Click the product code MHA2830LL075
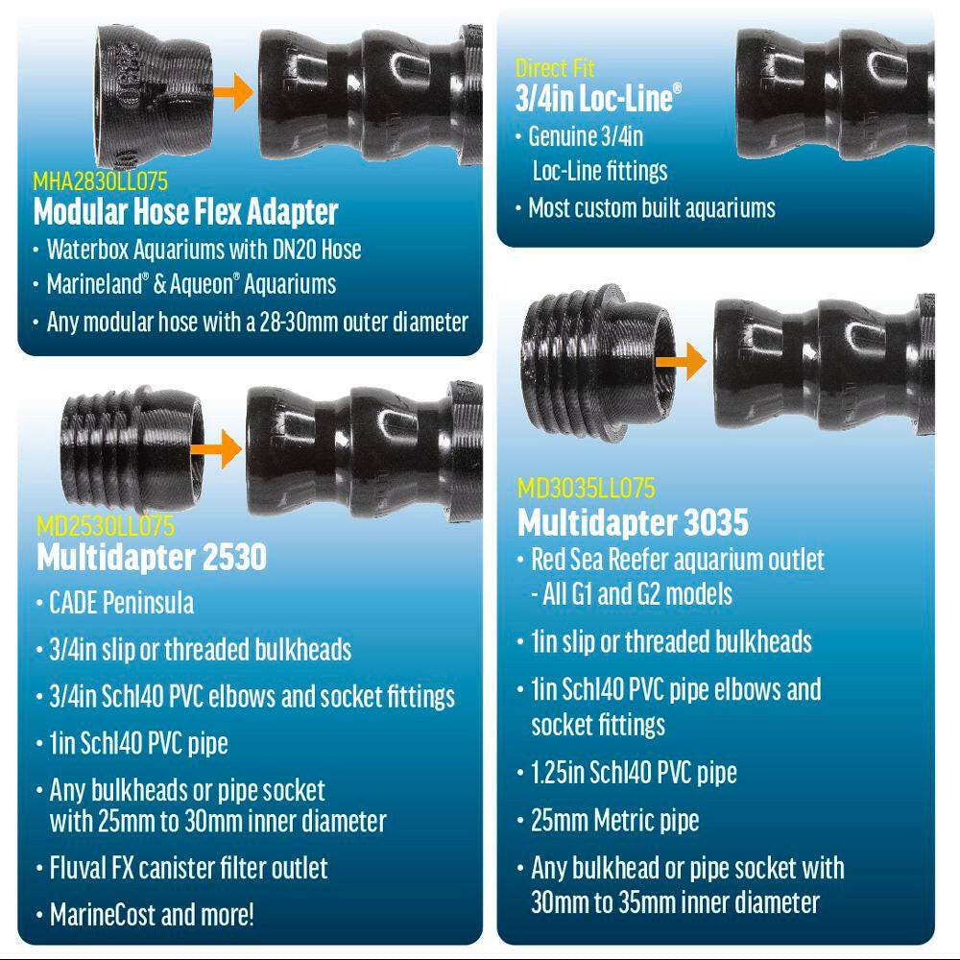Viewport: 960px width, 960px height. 100,181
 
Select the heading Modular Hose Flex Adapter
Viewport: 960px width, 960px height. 185,212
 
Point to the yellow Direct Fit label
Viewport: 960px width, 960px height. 555,67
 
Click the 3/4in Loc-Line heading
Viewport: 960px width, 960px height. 598,98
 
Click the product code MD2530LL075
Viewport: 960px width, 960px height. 106,525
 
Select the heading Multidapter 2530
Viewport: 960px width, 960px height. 152,557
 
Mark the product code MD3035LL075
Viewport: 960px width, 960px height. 586,488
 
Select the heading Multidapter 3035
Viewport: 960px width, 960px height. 633,522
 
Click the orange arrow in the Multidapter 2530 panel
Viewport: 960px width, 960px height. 217,448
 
